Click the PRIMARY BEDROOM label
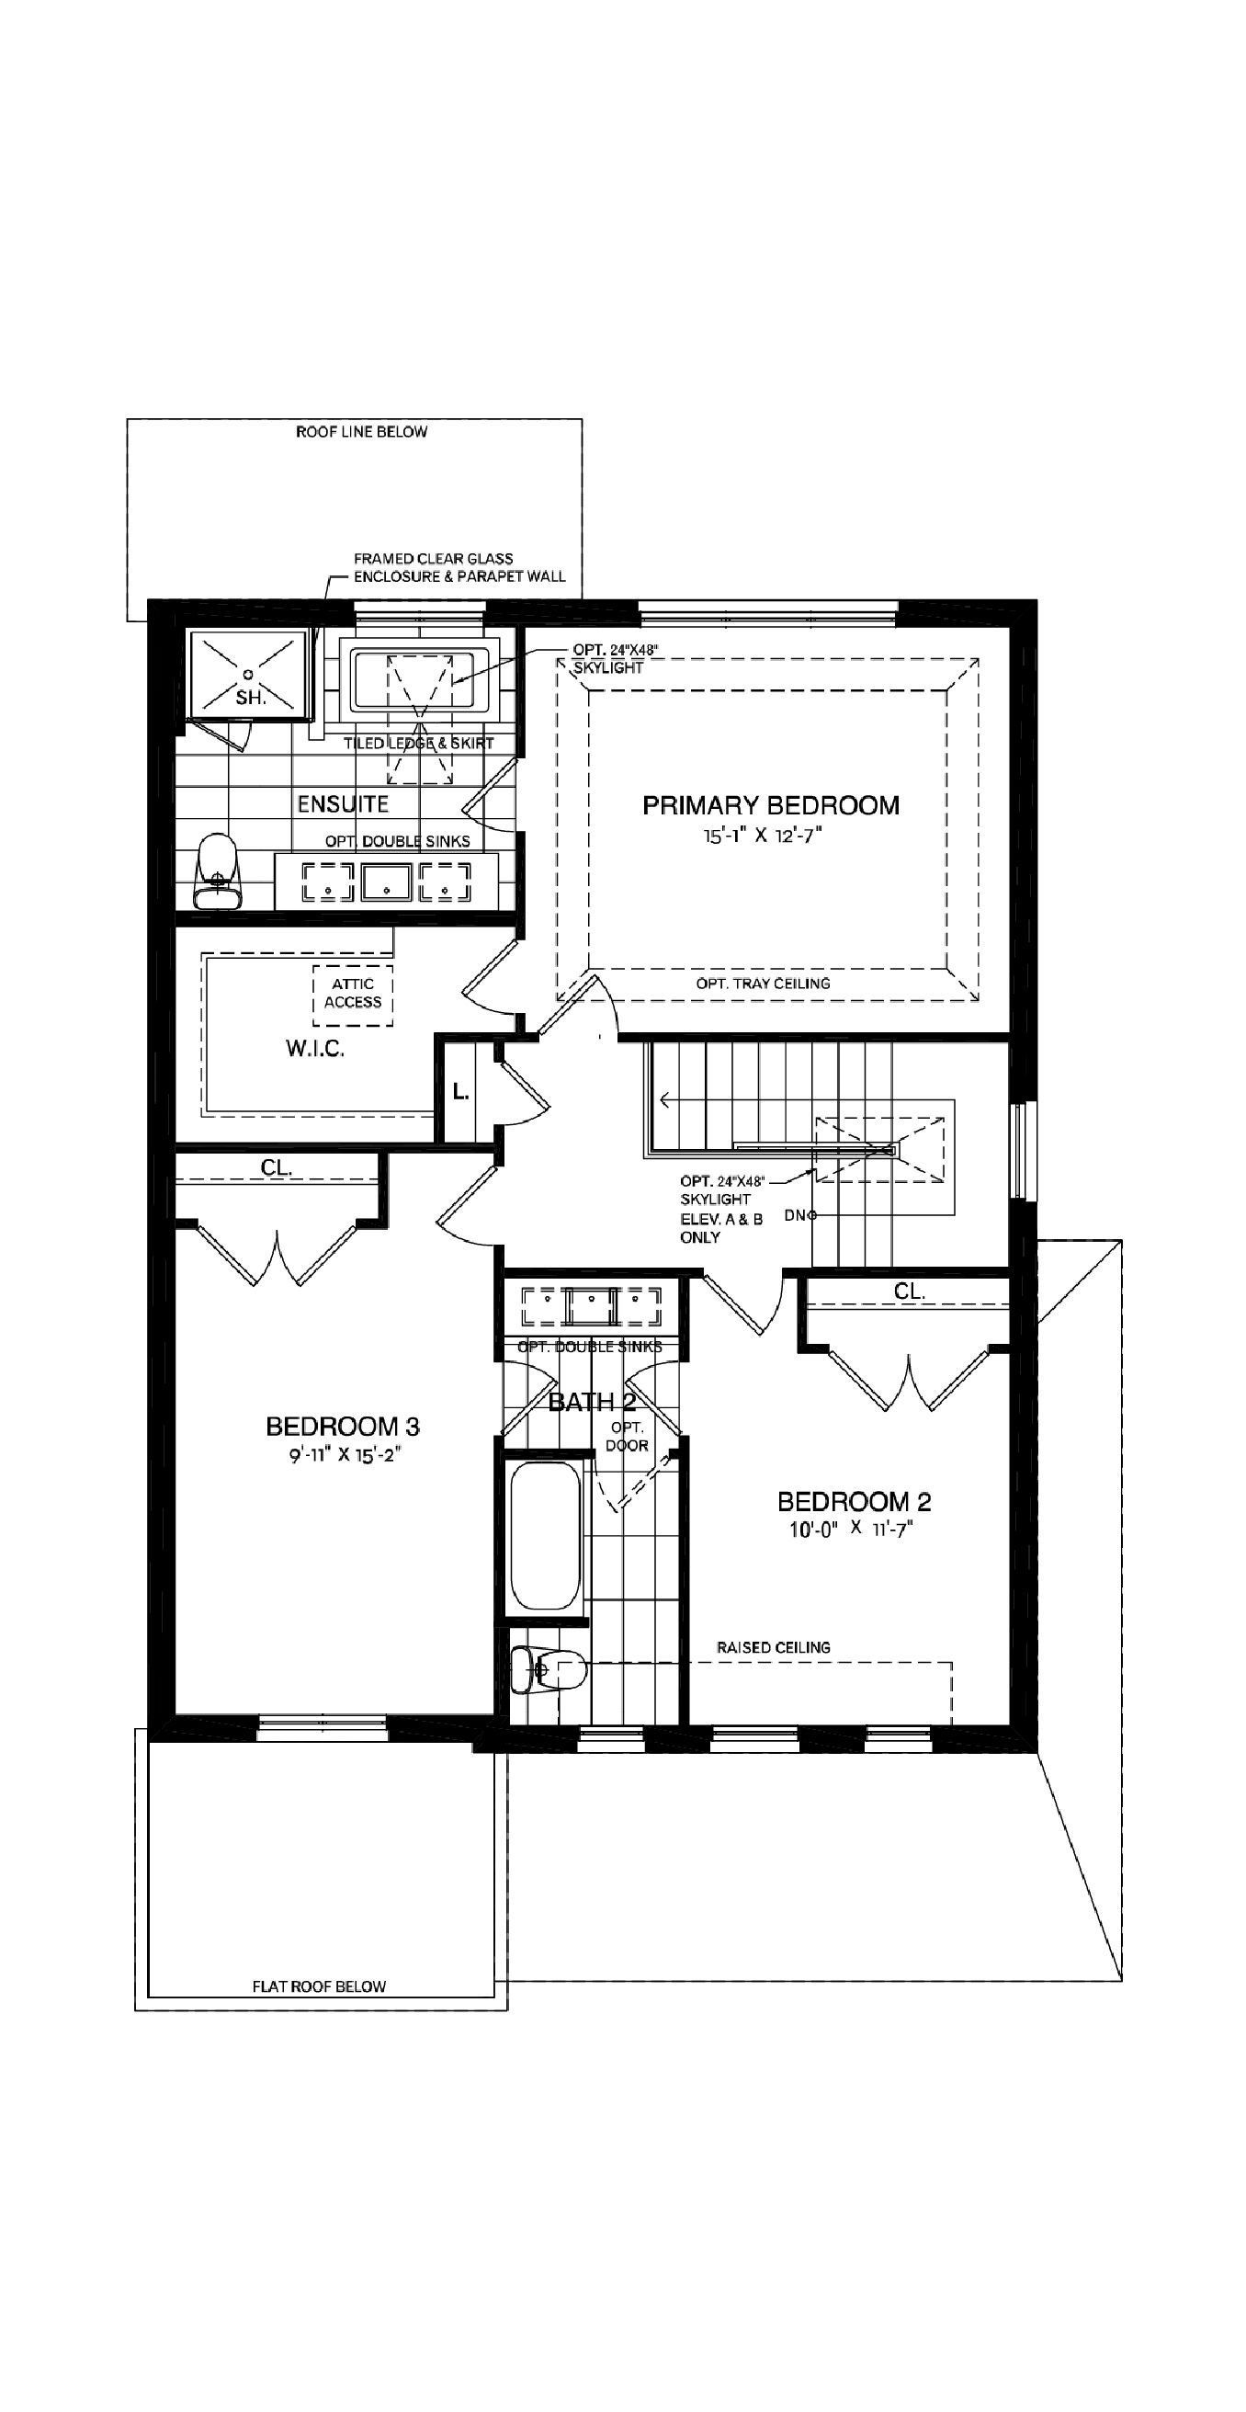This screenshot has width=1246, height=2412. pos(770,805)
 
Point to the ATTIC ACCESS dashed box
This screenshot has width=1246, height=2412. pos(353,995)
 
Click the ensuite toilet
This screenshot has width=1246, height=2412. pos(217,872)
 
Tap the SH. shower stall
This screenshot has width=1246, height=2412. pos(248,676)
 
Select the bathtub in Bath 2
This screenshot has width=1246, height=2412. pos(545,1536)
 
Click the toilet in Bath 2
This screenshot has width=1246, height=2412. pos(549,1669)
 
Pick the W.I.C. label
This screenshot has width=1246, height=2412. pos(315,1049)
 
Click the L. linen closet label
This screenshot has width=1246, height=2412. pos(460,1092)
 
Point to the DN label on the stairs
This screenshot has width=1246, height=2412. pos(797,1215)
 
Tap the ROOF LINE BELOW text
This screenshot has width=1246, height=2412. pos(361,432)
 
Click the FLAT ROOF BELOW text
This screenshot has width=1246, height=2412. pos(318,1986)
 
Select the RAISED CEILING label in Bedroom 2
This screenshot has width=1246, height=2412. pos(774,1647)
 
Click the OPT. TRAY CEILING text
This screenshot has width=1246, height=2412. pos(763,984)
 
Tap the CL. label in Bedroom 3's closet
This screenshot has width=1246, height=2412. pos(277,1167)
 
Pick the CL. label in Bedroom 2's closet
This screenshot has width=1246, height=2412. pos(909,1291)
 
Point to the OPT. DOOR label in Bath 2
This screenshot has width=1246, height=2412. pos(628,1437)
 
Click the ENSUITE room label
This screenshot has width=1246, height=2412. pos(343,804)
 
